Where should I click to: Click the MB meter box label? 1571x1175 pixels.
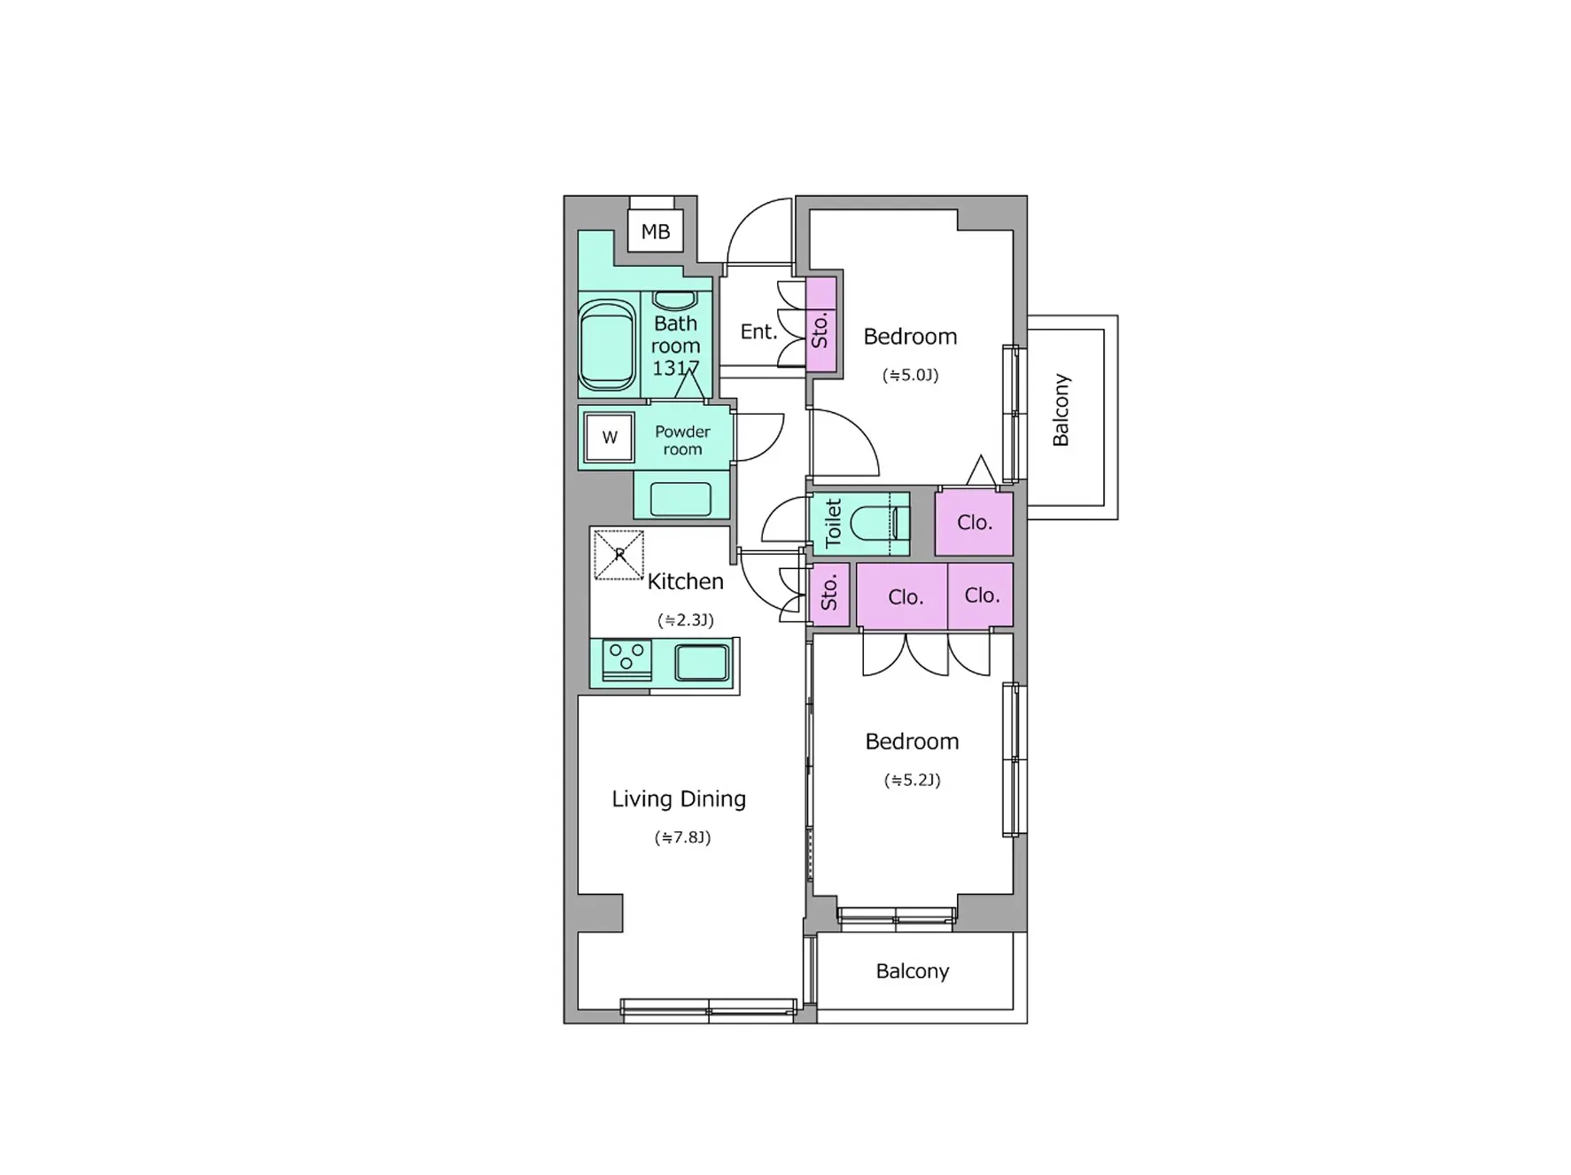tap(655, 231)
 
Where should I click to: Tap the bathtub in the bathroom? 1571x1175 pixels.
tap(607, 345)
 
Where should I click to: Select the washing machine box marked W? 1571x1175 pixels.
tap(610, 437)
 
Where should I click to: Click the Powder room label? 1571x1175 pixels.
tap(682, 440)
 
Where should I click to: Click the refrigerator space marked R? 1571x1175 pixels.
tap(618, 555)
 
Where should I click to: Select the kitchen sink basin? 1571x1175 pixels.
tap(702, 663)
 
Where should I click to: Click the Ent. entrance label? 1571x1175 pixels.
tap(758, 331)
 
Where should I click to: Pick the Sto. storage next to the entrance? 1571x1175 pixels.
tap(821, 324)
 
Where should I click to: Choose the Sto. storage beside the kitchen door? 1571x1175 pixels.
tap(830, 594)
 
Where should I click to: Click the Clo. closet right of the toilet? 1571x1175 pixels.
tap(974, 523)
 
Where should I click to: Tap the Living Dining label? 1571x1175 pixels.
tap(679, 799)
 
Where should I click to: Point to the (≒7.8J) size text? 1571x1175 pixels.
tap(682, 837)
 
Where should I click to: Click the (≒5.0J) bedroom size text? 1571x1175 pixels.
tap(910, 375)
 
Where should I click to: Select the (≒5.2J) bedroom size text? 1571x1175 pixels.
tap(912, 780)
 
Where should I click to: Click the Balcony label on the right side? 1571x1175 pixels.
tap(1061, 409)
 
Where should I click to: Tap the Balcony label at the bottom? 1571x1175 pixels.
tap(913, 971)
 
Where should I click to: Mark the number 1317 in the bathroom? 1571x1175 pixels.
tap(676, 368)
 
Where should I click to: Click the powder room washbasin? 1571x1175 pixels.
tap(681, 499)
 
